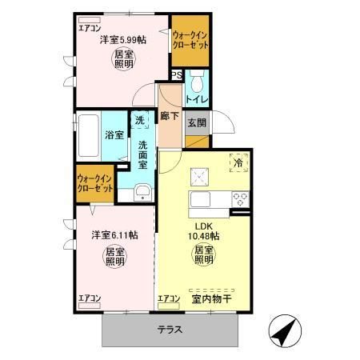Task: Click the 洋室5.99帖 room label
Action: coord(122,39)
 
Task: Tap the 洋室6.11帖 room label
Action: coord(114,235)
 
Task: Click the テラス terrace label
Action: coord(170,329)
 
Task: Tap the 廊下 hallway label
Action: coord(169,114)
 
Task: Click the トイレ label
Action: coord(197,99)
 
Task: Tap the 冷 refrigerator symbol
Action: coord(238,163)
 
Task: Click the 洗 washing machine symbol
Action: coord(140,121)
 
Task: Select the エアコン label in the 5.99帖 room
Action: coord(90,29)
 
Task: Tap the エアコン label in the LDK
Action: coord(169,299)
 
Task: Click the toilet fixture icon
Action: coord(198,80)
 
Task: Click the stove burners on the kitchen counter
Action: coord(238,198)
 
